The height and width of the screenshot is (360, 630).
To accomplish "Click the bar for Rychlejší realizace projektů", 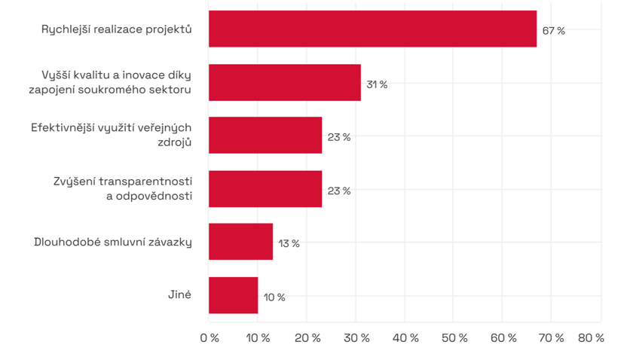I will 372,29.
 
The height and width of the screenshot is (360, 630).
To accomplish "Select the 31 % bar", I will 284,83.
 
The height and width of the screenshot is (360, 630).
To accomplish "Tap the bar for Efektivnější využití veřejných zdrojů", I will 265,136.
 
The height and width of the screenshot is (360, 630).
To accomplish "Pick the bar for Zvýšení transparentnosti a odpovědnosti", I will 265,189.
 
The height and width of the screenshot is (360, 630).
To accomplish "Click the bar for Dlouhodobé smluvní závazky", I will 240,242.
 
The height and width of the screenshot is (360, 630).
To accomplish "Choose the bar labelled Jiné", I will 233,295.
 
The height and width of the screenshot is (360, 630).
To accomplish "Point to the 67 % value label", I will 553,31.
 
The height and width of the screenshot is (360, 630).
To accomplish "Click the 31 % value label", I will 377,84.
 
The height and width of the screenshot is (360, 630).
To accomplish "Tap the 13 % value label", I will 289,243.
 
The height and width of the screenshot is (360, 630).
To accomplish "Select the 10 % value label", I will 274,297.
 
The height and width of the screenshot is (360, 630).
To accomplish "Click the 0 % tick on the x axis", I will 209,338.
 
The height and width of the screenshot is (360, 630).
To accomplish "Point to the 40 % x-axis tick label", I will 405,338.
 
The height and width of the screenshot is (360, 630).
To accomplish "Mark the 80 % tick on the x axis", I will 591,338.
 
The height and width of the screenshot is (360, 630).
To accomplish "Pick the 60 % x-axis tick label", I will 503,338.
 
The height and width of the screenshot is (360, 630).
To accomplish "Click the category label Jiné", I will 179,294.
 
